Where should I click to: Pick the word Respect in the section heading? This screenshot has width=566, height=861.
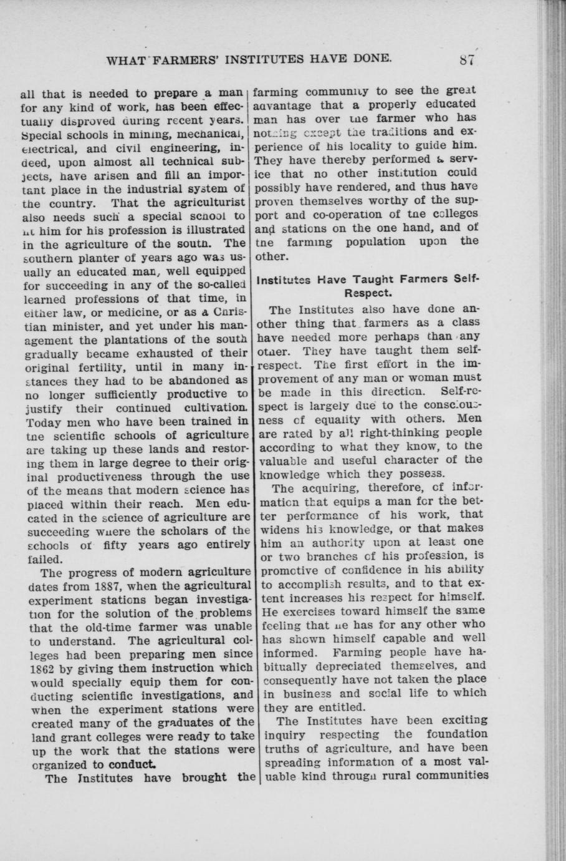(x=368, y=291)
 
